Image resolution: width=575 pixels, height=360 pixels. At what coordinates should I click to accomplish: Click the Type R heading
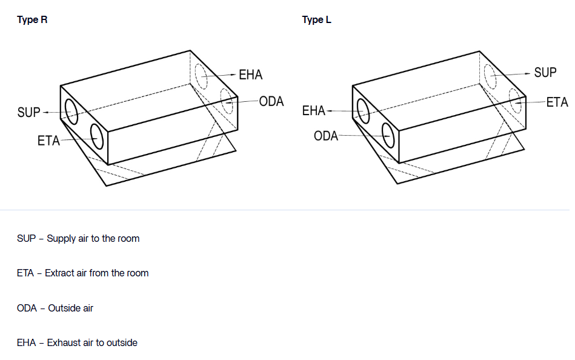(x=32, y=20)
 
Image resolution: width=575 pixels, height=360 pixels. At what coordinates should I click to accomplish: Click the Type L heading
(x=317, y=20)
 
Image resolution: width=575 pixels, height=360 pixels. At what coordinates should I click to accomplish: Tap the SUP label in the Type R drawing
(x=29, y=113)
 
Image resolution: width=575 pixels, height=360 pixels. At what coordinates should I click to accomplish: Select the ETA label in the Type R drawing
(x=48, y=141)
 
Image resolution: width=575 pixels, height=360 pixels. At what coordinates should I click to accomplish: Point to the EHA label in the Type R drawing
(x=250, y=75)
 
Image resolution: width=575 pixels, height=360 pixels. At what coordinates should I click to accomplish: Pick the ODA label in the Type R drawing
(x=271, y=101)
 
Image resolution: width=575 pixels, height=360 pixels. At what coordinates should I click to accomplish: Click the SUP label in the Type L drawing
(x=545, y=73)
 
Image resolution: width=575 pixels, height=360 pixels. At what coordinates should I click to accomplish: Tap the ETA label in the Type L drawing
(x=557, y=102)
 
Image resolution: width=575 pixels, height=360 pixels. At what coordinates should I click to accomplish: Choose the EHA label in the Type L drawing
(x=314, y=111)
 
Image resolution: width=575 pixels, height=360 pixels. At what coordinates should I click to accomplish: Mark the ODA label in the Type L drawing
(x=325, y=136)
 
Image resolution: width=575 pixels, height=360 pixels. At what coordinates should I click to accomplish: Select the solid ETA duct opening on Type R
(x=96, y=136)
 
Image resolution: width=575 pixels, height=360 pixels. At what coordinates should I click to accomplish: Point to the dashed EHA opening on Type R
(x=201, y=76)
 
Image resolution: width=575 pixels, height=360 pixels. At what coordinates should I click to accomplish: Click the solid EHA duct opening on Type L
(x=364, y=112)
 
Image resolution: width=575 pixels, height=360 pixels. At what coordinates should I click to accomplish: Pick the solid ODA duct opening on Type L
(x=388, y=135)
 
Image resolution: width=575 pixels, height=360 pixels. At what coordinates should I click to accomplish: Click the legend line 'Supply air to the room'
(x=78, y=239)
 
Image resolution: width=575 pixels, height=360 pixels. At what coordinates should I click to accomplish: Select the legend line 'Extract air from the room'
(x=82, y=273)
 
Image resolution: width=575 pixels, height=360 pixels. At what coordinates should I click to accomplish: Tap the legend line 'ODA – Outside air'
(x=55, y=308)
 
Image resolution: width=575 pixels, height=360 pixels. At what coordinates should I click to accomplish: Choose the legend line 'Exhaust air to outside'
(x=77, y=343)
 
